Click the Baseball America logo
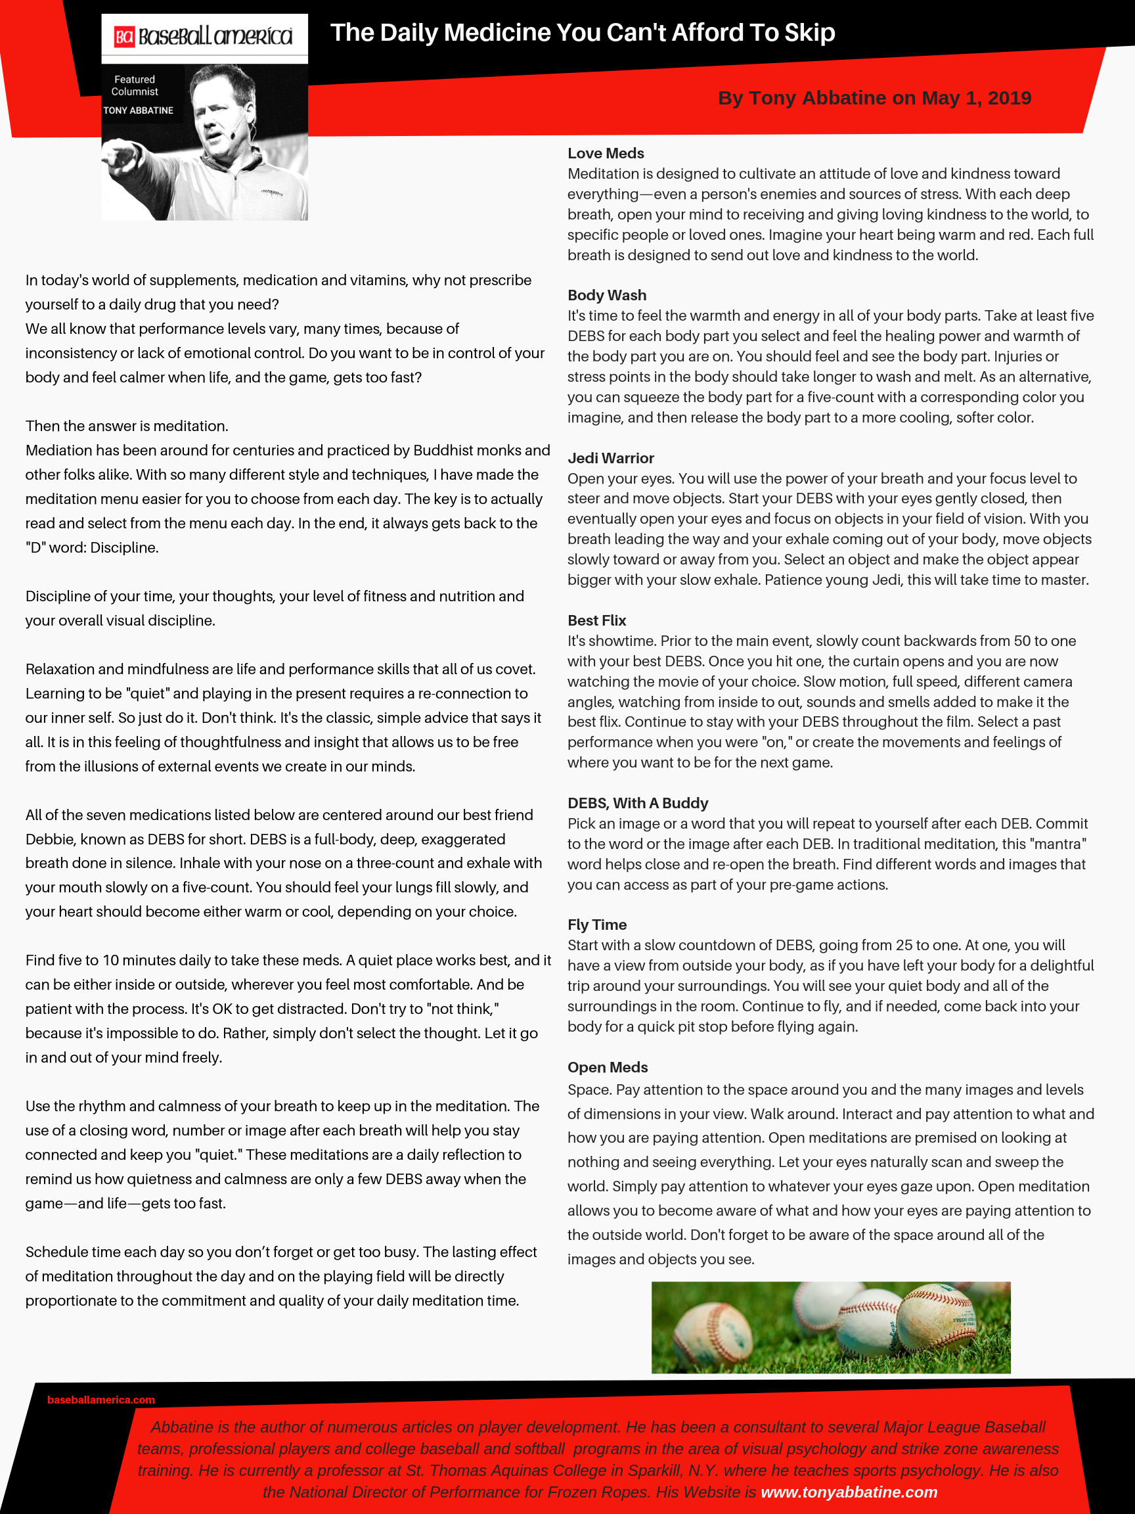click(204, 36)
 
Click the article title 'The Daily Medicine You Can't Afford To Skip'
click(582, 33)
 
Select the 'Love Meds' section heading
click(606, 153)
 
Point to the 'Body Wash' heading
click(606, 295)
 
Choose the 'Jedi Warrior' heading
click(610, 458)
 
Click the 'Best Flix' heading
click(596, 620)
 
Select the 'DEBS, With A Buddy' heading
click(638, 803)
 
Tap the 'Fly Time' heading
click(596, 925)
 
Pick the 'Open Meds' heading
click(607, 1067)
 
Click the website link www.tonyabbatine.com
click(849, 1492)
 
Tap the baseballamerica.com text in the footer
click(100, 1400)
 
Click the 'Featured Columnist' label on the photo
click(135, 85)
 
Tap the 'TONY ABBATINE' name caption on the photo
click(138, 110)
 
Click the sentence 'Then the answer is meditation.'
click(127, 426)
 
